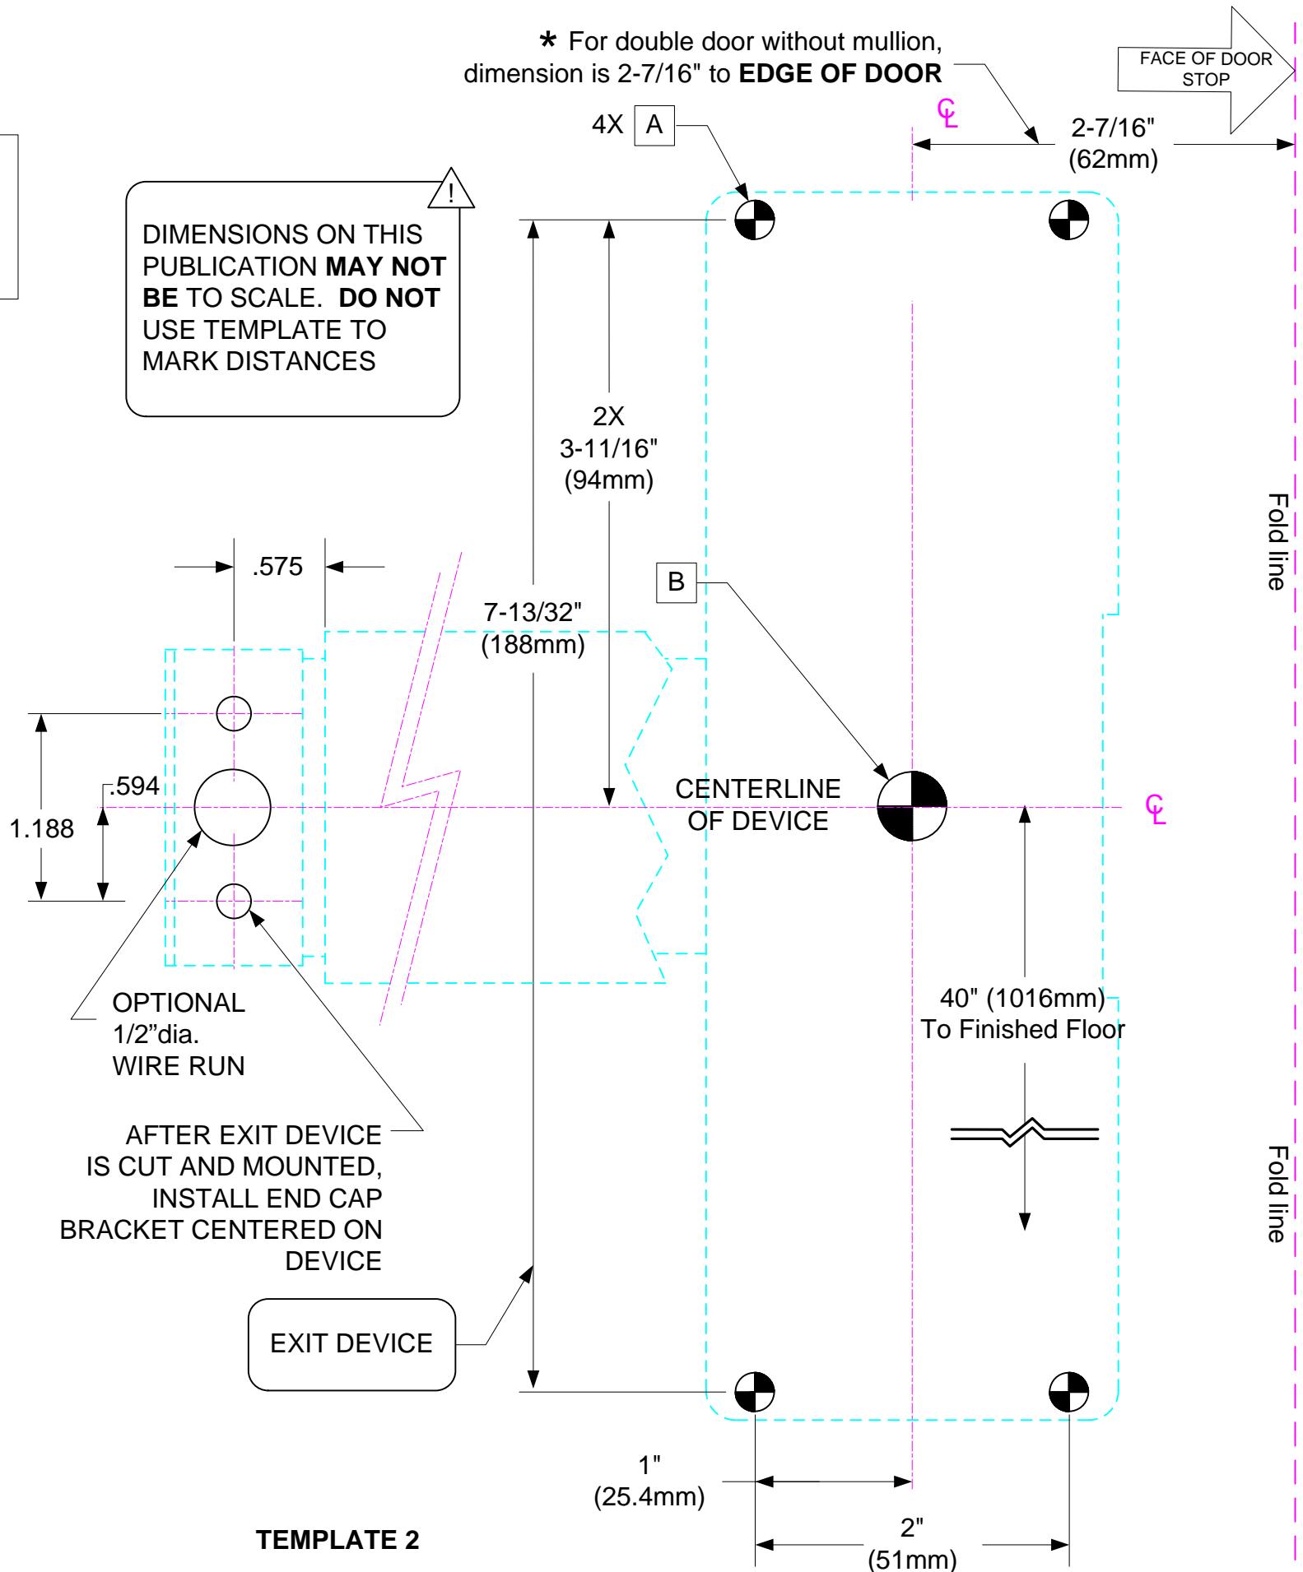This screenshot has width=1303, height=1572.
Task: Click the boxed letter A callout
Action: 654,126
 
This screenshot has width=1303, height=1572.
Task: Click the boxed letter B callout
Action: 676,582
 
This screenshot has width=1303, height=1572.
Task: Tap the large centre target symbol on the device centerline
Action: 912,807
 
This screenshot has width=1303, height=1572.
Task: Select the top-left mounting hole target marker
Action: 755,219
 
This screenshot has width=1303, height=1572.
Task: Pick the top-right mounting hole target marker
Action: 1068,219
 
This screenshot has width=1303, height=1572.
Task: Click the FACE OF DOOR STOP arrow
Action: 1207,70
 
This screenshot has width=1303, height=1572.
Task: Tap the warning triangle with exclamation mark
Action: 451,188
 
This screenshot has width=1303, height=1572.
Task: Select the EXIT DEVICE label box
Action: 351,1344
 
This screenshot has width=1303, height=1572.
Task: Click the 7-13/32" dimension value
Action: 533,612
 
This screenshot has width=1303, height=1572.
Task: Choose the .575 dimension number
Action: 277,567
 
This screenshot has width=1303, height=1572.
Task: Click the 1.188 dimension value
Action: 41,828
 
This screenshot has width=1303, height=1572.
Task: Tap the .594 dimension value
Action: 134,786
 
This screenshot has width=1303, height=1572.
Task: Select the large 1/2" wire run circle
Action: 233,807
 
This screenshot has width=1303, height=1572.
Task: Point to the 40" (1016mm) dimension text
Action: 1022,999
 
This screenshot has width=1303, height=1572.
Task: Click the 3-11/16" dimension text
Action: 609,448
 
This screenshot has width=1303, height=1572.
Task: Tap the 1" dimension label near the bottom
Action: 650,1465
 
